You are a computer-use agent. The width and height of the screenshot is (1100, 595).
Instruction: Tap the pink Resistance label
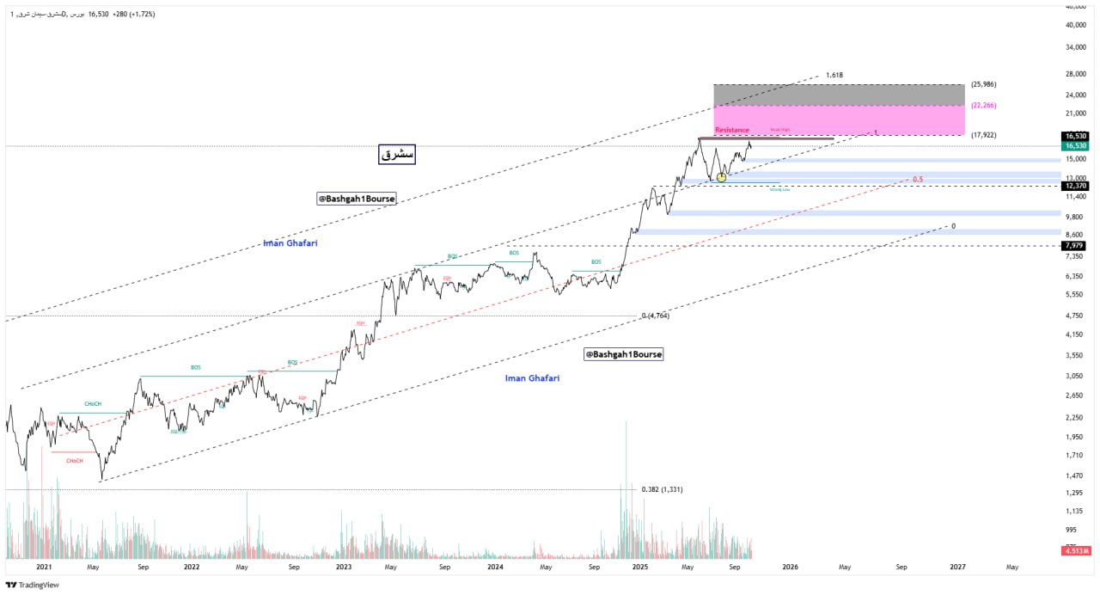click(x=732, y=130)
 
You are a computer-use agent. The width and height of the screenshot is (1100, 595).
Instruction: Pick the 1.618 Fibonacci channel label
click(x=834, y=76)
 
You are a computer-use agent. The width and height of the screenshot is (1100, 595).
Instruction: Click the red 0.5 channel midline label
click(x=918, y=180)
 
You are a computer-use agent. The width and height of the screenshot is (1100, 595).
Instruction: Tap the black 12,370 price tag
click(x=1075, y=186)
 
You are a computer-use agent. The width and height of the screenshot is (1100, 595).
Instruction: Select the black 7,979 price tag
click(x=1075, y=246)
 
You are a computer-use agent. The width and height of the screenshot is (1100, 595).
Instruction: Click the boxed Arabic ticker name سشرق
click(x=397, y=155)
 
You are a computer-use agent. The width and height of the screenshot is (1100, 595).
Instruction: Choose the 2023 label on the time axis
click(x=344, y=567)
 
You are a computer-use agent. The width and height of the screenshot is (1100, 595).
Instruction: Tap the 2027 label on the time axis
click(x=957, y=567)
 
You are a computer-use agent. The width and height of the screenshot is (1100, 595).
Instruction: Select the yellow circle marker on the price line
click(x=721, y=177)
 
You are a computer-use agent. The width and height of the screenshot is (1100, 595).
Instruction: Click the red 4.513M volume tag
click(x=1075, y=551)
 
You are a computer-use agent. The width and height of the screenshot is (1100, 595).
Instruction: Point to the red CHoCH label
click(x=75, y=461)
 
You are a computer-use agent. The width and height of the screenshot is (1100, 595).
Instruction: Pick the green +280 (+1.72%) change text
click(x=134, y=15)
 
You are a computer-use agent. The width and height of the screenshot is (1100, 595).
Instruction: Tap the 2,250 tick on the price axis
click(x=1073, y=418)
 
